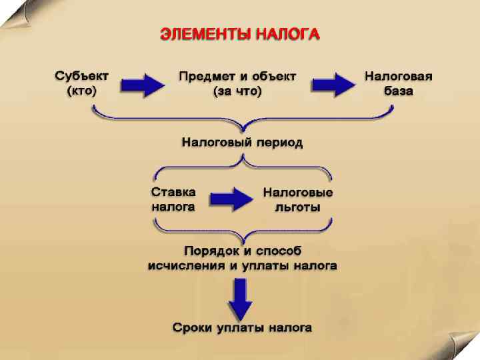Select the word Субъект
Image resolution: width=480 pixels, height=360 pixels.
[82, 76]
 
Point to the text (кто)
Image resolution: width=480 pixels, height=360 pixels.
[82, 91]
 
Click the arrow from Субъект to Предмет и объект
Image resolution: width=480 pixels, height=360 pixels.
[142, 84]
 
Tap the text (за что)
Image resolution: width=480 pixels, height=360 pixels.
[237, 91]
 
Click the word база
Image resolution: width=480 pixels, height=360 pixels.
[398, 91]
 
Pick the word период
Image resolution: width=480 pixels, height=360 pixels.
[279, 143]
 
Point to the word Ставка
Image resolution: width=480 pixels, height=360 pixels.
[174, 192]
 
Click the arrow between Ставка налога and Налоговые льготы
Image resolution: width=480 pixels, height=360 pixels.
[231, 198]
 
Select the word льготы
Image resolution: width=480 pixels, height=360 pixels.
[298, 207]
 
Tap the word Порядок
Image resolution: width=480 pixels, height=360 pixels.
[212, 251]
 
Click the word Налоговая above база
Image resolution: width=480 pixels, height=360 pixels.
[398, 76]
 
